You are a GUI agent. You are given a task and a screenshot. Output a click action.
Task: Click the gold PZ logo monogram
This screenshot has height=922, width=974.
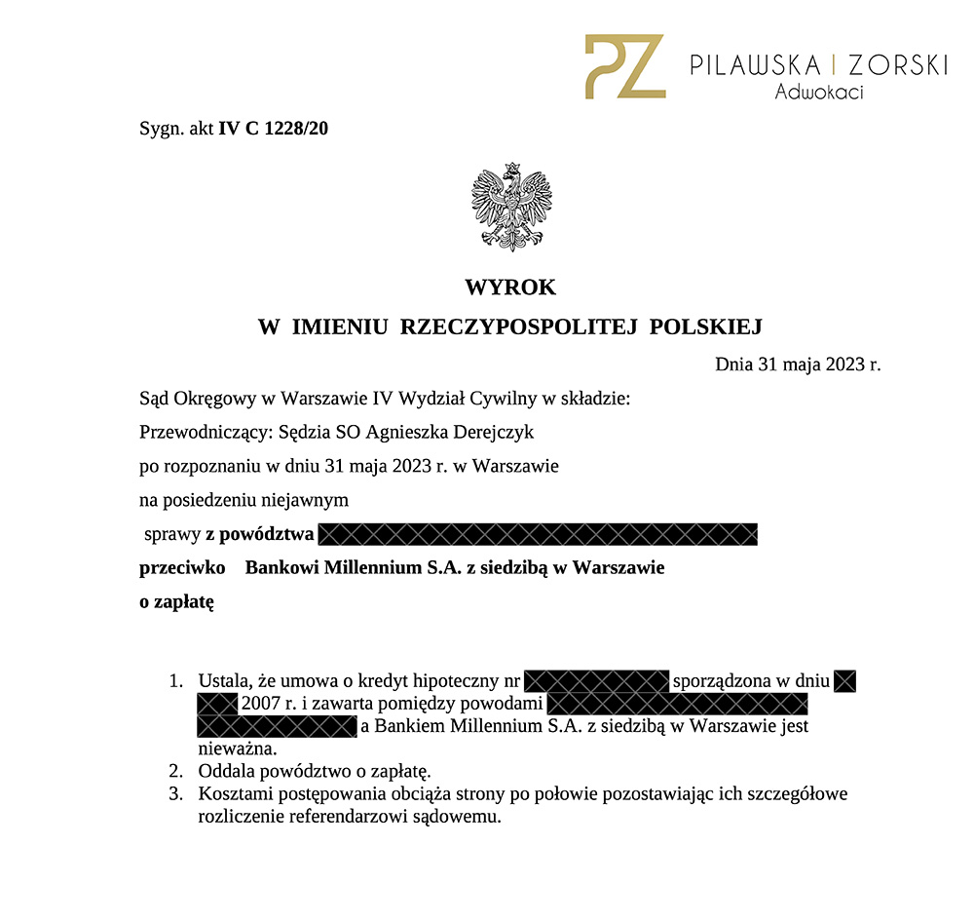tap(624, 66)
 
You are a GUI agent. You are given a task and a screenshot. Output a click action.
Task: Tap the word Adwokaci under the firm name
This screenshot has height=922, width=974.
tap(819, 94)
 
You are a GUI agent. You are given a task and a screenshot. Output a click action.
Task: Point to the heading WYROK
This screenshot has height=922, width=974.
tap(509, 288)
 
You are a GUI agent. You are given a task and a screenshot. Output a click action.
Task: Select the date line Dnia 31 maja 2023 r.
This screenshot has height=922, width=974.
tap(797, 365)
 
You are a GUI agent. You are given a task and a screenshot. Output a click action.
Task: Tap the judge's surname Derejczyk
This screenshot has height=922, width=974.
tap(491, 432)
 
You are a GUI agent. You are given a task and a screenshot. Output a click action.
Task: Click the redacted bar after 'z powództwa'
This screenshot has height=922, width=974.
tap(538, 534)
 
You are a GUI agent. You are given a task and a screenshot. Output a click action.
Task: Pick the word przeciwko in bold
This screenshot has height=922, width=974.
tap(183, 567)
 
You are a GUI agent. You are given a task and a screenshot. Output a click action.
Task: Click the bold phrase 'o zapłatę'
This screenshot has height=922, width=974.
tap(176, 602)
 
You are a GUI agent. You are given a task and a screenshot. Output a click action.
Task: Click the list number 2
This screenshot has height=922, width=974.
tap(175, 772)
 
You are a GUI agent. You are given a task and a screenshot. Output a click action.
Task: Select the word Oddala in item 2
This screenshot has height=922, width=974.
tap(225, 772)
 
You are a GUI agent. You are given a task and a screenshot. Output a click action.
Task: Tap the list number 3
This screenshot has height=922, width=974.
tap(175, 794)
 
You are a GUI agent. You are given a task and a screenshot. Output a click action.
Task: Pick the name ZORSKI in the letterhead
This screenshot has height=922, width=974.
tap(897, 65)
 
